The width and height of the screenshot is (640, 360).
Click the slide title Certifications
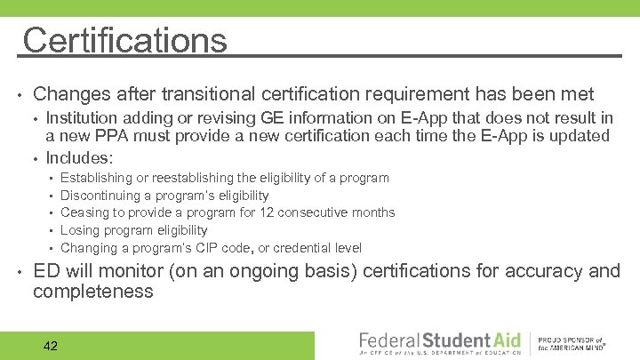[125, 41]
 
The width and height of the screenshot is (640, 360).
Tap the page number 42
[51, 346]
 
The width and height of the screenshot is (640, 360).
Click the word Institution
[84, 118]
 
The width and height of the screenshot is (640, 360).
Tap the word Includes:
[80, 158]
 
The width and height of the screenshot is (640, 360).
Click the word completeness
[93, 292]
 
